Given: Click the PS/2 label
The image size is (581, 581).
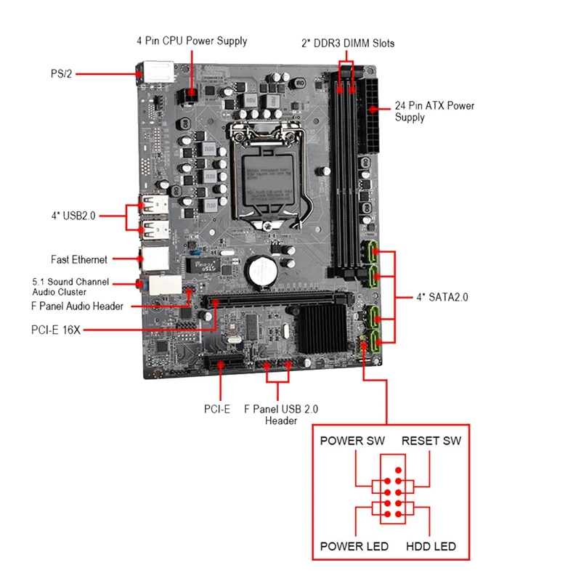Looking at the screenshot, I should tap(62, 73).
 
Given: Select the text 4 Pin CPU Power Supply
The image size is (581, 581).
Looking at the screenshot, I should tap(192, 41).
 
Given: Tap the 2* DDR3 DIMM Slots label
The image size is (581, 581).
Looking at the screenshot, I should tap(348, 44).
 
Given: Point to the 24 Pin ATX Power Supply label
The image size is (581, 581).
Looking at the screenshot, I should tap(434, 111).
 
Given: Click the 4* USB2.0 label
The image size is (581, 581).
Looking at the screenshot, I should tap(73, 216).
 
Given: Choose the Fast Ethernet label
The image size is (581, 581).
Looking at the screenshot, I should tap(79, 259).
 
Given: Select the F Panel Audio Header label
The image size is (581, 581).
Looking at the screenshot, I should tap(78, 306).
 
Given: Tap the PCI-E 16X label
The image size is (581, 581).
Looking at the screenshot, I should tap(55, 330).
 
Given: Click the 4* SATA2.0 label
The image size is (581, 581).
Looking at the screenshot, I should tap(442, 297).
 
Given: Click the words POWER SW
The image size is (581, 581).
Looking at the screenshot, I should tap(352, 441).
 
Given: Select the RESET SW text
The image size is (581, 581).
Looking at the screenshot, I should tap(431, 441).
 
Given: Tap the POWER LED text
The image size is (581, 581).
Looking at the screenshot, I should tap(354, 546).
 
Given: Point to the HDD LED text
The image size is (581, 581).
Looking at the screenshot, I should tap(431, 546).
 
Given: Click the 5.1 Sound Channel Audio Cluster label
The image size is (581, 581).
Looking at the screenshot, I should tap(70, 286).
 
